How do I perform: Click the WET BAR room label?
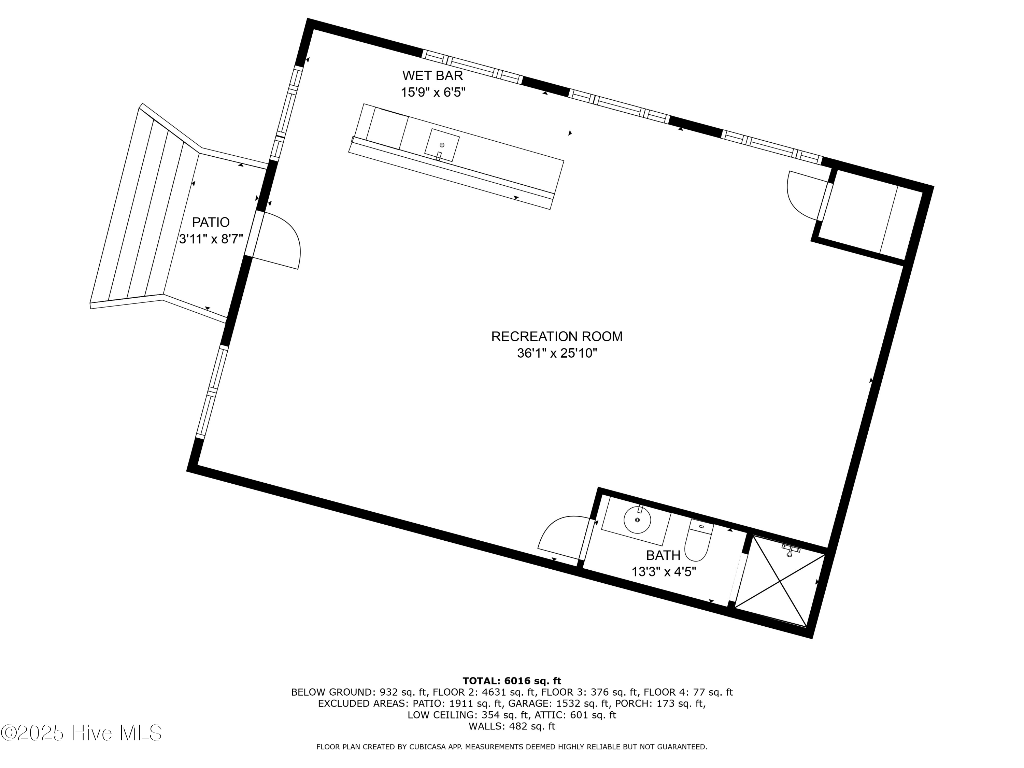pyautogui.click(x=432, y=75)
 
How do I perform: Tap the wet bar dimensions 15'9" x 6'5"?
pyautogui.click(x=432, y=93)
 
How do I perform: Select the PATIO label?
pyautogui.click(x=211, y=222)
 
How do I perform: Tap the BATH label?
pyautogui.click(x=663, y=555)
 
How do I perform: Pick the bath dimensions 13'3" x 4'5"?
pyautogui.click(x=663, y=572)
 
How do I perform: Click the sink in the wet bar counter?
pyautogui.click(x=442, y=145)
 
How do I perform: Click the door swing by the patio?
pyautogui.click(x=280, y=241)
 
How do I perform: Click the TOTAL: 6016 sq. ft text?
pyautogui.click(x=512, y=681)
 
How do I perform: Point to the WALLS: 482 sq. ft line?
pyautogui.click(x=512, y=726)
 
